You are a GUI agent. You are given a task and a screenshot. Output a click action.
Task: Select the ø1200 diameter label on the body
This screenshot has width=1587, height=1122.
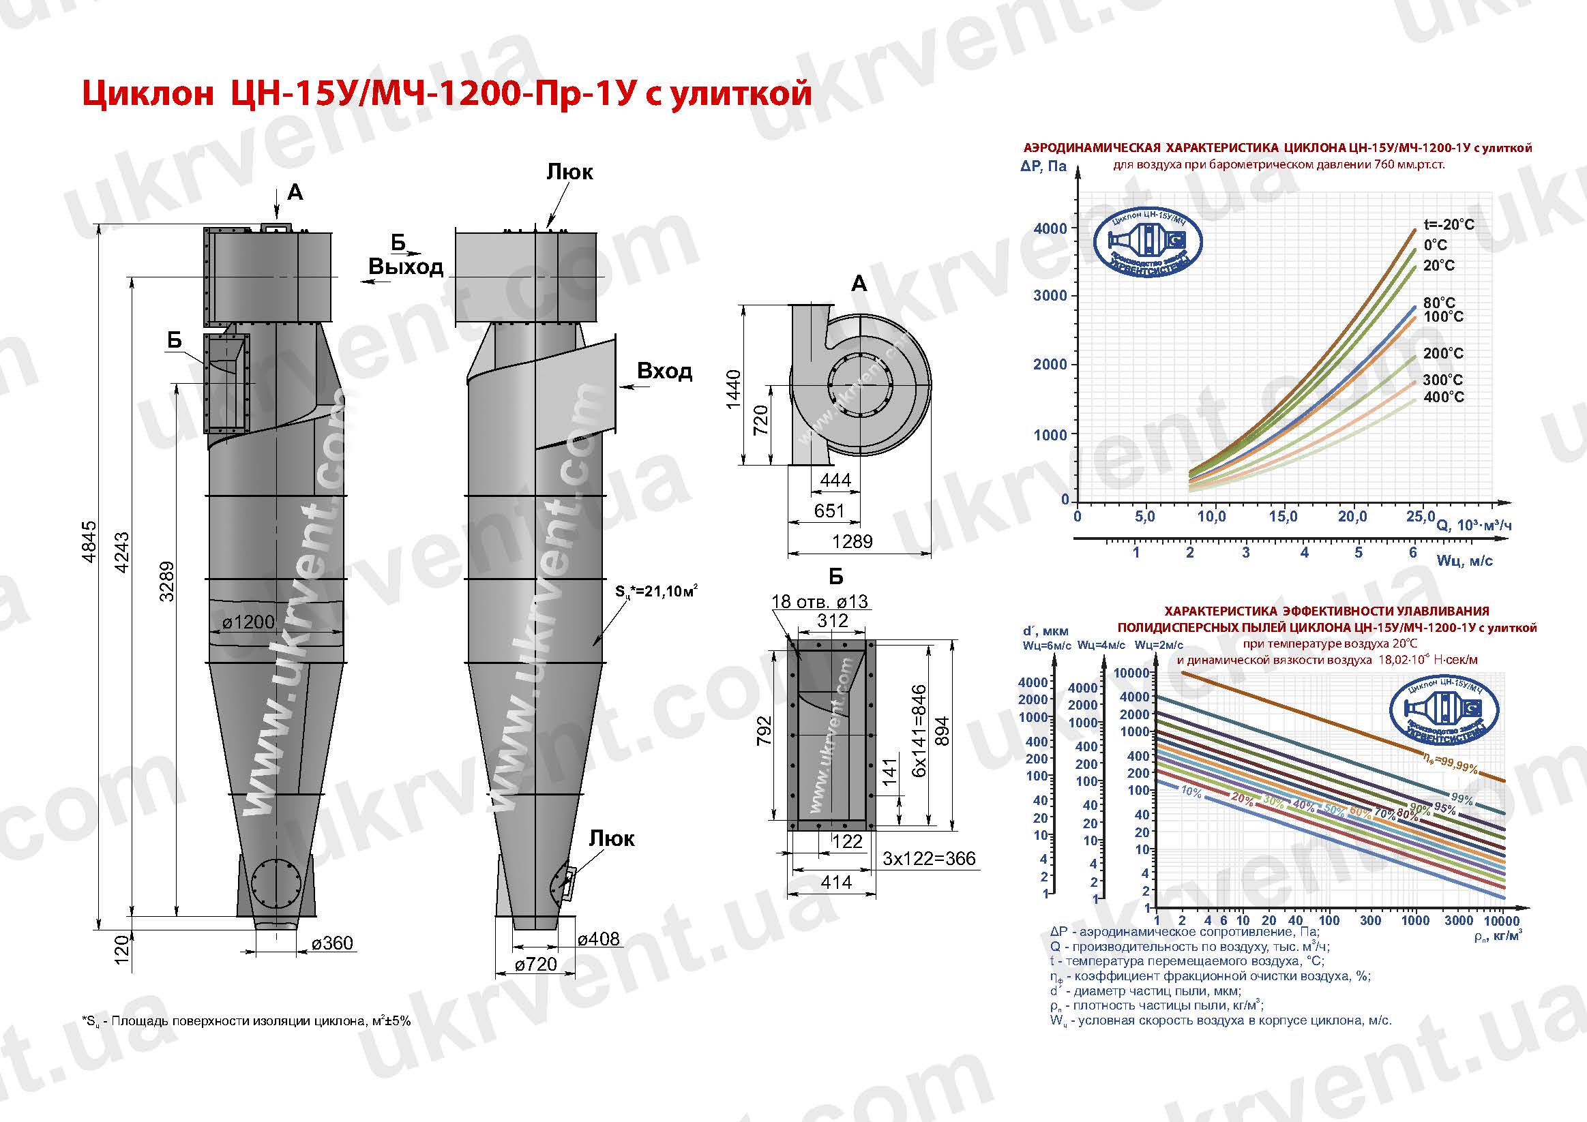point(249,622)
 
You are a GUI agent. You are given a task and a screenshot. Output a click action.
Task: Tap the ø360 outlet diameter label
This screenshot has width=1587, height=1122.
point(331,943)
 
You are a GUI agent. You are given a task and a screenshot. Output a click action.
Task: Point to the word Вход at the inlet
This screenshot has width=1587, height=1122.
point(664,371)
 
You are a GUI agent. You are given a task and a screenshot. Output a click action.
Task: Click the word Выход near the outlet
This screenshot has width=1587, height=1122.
point(406,267)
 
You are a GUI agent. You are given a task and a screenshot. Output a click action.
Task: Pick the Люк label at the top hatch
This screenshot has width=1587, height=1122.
point(569,171)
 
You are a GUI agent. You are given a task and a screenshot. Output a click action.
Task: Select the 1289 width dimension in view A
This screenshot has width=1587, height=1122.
point(852,542)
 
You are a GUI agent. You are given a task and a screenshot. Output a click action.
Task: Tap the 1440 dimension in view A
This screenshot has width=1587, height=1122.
point(733,389)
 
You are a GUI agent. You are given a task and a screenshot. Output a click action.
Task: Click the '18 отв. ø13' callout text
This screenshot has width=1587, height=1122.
point(819,601)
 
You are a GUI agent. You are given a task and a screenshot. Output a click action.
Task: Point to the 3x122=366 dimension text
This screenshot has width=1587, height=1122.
point(929,858)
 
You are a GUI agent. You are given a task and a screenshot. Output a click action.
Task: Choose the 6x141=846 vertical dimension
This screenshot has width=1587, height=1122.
point(919,731)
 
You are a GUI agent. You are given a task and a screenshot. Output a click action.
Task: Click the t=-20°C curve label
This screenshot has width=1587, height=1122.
point(1449,224)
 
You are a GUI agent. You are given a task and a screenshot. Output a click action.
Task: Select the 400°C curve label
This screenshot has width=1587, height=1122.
point(1443,397)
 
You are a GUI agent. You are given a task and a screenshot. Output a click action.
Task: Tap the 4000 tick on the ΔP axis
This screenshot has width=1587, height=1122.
point(1050,228)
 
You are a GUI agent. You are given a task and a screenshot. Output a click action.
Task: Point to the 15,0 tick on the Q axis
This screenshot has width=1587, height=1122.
point(1283,516)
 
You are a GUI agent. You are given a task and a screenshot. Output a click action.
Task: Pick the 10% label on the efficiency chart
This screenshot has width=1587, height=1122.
point(1191,793)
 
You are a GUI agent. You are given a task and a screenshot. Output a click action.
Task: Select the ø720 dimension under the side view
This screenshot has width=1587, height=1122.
point(535,964)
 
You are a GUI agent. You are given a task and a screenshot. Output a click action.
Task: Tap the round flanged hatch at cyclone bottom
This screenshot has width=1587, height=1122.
point(276,884)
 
